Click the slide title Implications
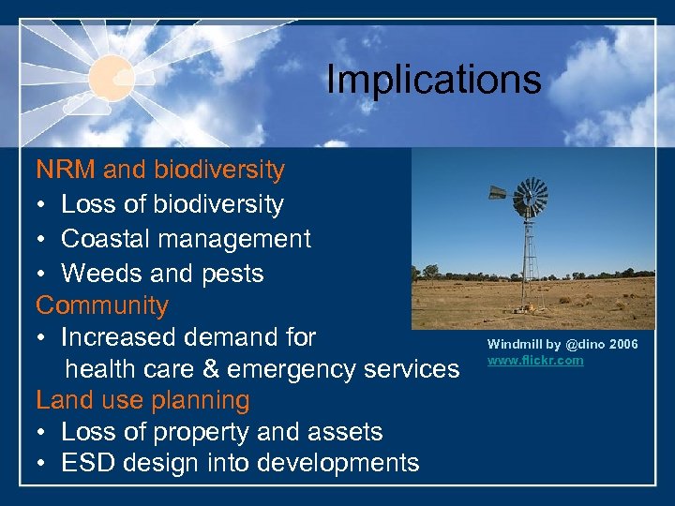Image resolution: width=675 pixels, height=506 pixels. [433, 80]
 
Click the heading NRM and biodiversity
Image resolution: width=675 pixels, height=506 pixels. [160, 171]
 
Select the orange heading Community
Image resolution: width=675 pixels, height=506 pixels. [102, 305]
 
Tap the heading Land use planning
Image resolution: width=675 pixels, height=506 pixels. [142, 400]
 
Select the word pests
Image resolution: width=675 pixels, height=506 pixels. [233, 274]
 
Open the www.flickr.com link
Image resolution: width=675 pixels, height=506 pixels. [534, 361]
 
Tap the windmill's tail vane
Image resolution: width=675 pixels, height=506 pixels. [497, 196]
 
